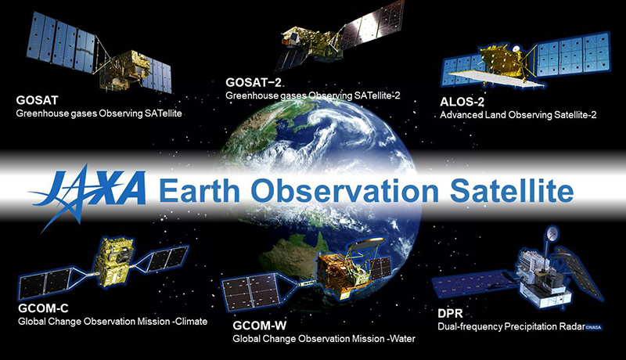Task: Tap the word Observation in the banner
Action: (345, 191)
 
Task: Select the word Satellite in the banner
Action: (512, 191)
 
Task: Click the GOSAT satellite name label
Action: (37, 99)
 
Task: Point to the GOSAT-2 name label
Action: (254, 83)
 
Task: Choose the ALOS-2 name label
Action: (462, 102)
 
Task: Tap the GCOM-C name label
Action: (43, 308)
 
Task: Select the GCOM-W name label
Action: (260, 326)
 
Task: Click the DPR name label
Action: (450, 313)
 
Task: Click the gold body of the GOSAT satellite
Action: (126, 70)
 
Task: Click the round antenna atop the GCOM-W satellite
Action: (366, 242)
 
